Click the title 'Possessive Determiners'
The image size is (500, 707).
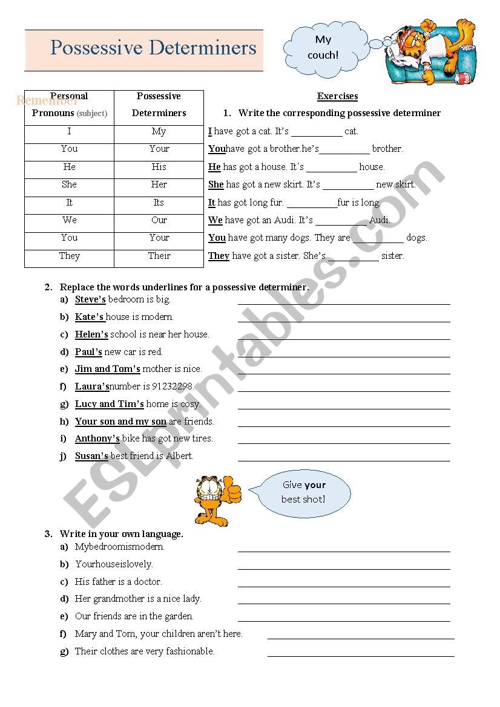[x=153, y=48]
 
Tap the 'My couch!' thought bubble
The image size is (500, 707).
[x=323, y=48]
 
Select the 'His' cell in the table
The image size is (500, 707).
[x=159, y=167]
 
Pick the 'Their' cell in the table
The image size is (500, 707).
[x=159, y=256]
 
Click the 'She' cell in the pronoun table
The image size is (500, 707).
[x=69, y=184]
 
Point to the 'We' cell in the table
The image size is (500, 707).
[x=69, y=220]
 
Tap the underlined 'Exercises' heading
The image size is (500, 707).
[x=337, y=96]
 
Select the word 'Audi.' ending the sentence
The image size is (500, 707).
[x=380, y=220]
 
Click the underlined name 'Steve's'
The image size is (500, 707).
[x=90, y=299]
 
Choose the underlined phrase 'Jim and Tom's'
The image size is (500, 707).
[x=107, y=369]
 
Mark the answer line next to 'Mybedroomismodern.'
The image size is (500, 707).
[x=344, y=550]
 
